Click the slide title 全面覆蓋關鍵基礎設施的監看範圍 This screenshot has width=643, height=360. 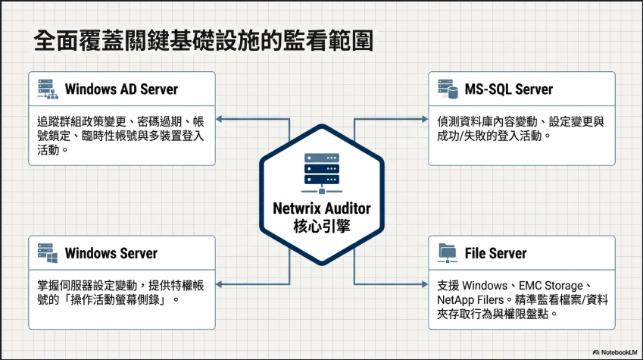click(x=204, y=40)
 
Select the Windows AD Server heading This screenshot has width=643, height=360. click(x=121, y=89)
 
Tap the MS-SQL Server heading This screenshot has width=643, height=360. click(x=508, y=89)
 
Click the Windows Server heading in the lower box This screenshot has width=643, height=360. click(x=111, y=253)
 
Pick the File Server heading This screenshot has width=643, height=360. click(x=495, y=253)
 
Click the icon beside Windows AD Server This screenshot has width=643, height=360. click(x=48, y=89)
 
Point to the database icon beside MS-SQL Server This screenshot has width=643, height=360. click(x=448, y=89)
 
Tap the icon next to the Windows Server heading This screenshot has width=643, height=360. click(x=48, y=253)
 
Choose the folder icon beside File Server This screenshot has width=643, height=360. click(x=448, y=253)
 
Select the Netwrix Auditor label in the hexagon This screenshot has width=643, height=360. click(x=322, y=208)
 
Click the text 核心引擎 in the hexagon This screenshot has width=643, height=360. click(x=322, y=226)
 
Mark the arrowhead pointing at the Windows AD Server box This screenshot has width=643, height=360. click(x=219, y=119)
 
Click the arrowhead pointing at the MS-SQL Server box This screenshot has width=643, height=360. click(x=425, y=119)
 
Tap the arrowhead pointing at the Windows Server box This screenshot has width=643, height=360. click(x=219, y=284)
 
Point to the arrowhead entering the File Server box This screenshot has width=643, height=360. click(x=425, y=284)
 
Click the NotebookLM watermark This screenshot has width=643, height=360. click(x=615, y=352)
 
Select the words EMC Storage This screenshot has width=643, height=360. click(x=551, y=286)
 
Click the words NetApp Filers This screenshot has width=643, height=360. click(x=470, y=299)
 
